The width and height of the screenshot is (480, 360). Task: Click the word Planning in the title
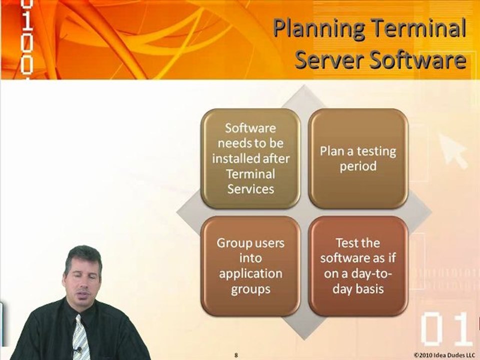tap(318, 28)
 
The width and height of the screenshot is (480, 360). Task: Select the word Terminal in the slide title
tap(419, 27)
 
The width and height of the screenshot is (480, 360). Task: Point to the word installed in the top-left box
tap(234, 158)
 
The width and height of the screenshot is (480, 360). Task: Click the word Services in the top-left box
tap(250, 189)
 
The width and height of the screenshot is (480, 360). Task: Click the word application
tap(250, 274)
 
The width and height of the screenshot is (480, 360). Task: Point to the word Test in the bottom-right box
tap(346, 243)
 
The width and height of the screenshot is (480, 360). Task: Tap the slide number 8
tap(236, 355)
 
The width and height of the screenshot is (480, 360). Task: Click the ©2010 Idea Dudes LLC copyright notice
tap(444, 355)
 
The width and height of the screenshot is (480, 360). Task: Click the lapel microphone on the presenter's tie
tap(78, 349)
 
